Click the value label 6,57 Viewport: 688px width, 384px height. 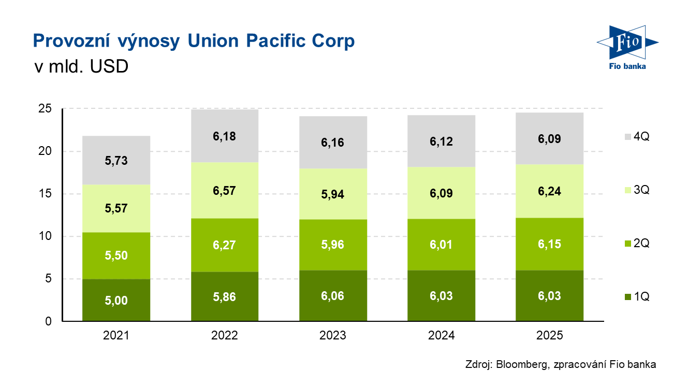pyautogui.click(x=224, y=191)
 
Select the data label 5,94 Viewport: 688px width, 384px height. pyautogui.click(x=333, y=195)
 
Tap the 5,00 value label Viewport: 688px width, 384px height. pyautogui.click(x=116, y=301)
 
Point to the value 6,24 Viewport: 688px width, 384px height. pyautogui.click(x=550, y=191)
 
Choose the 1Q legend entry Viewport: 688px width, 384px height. pyautogui.click(x=636, y=297)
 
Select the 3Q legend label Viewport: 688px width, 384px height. pyautogui.click(x=641, y=190)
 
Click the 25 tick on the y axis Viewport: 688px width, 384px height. pyautogui.click(x=46, y=109)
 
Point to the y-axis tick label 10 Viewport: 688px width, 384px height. pyautogui.click(x=46, y=236)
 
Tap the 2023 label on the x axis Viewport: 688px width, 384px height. pyautogui.click(x=333, y=335)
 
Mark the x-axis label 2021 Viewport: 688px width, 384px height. pyautogui.click(x=116, y=335)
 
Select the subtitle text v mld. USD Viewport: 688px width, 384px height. pyautogui.click(x=80, y=67)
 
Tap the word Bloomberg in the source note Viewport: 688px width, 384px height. pyautogui.click(x=520, y=364)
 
